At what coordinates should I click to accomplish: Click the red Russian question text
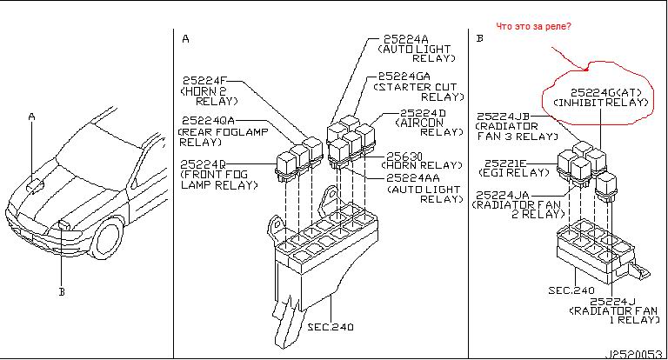tap(533, 26)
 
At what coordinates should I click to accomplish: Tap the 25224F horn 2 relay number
tap(205, 81)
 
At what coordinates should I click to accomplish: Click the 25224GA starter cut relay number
tap(404, 77)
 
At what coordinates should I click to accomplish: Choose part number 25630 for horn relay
tap(404, 157)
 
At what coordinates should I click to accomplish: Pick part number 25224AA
tap(413, 177)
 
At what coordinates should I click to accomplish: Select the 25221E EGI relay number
tap(505, 163)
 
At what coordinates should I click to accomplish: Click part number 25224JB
tap(503, 117)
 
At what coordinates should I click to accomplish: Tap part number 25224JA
tap(502, 195)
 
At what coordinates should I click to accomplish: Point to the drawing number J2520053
tap(634, 355)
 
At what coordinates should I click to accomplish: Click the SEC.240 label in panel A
tap(331, 327)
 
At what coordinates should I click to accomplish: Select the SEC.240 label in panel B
tap(571, 290)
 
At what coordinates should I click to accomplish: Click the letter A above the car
tap(31, 117)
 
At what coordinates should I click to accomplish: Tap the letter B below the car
tap(62, 292)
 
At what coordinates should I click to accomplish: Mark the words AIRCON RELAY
tap(430, 127)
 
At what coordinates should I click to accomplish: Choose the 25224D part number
tap(423, 113)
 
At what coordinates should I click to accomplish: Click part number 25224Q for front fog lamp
tap(203, 164)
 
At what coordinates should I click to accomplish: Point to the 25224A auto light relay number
tap(406, 39)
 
